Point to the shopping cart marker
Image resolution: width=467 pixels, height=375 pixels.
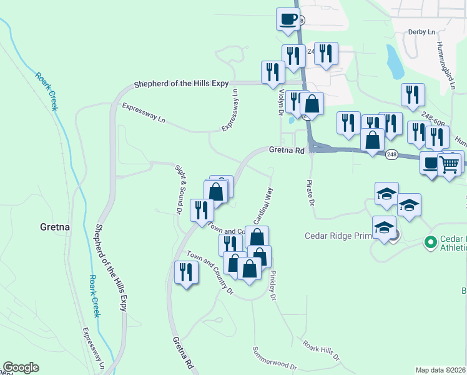(450, 164)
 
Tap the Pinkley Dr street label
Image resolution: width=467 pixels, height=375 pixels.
(272, 284)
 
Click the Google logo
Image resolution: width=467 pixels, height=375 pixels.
(21, 367)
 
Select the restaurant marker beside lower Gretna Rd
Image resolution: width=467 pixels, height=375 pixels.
(185, 272)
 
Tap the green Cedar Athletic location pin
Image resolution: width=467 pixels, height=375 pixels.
(430, 241)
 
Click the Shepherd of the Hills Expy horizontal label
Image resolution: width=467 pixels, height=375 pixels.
(182, 83)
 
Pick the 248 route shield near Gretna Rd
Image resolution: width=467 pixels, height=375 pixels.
(391, 154)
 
